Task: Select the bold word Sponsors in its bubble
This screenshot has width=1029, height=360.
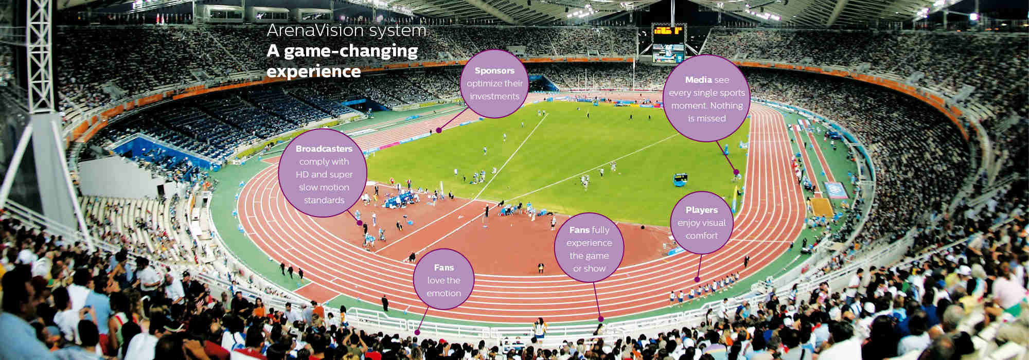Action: coord(494,71)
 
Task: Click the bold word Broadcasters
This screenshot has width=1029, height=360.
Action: coord(324,149)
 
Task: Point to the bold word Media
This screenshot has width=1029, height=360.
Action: coord(698,80)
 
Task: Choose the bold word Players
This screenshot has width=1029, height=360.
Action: coord(701,210)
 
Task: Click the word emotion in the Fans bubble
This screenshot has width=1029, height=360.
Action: coord(443,294)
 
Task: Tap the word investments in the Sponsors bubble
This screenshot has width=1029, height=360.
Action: coord(494,97)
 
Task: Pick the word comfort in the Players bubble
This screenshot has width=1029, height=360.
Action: coord(701,236)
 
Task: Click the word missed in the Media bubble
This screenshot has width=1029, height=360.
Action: coord(707,119)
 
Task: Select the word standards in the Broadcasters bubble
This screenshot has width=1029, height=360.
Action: coord(324,201)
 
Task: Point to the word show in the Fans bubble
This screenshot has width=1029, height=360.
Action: coord(596,269)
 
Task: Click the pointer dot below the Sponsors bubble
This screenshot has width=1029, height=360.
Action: coord(439,131)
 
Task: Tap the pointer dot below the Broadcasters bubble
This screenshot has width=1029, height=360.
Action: coord(360,223)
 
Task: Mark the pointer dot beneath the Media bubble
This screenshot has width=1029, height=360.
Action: coord(736,172)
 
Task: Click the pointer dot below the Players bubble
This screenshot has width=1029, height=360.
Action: coord(697,280)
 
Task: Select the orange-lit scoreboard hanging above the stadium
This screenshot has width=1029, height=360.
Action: coord(668,31)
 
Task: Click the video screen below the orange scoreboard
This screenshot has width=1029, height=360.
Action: coord(668,52)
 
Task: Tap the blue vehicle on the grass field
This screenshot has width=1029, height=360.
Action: coord(680,179)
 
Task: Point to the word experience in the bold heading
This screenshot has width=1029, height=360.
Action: coord(313,71)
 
